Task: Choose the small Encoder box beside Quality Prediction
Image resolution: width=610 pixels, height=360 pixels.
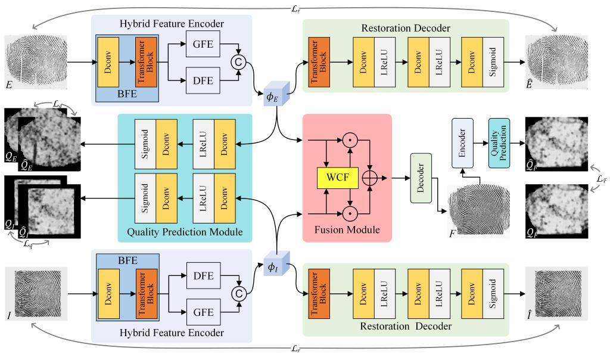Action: coord(462,141)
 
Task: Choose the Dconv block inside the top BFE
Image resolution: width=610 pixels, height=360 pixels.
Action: coord(108,61)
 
